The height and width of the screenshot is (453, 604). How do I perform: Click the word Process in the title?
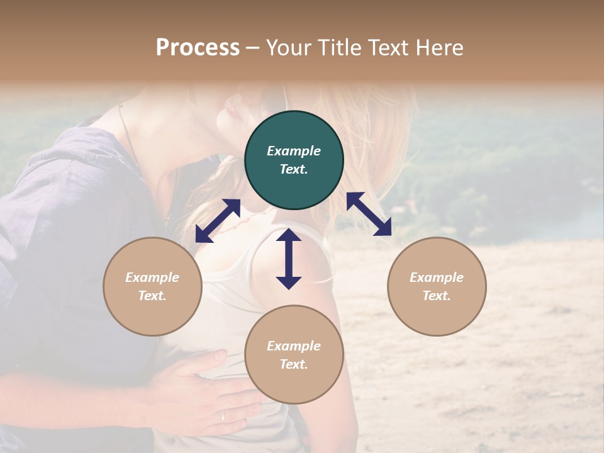[198, 48]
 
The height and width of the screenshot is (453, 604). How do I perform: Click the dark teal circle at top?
[294, 160]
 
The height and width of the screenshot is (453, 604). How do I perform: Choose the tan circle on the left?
[152, 286]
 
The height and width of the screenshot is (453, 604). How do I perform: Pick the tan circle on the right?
[437, 286]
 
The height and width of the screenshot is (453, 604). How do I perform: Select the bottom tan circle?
[294, 355]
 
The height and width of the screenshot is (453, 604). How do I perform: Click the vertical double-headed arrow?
[289, 259]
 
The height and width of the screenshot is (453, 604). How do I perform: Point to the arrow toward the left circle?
[218, 221]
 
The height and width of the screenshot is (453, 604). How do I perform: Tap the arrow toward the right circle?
[369, 214]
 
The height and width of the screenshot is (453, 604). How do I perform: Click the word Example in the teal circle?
[294, 151]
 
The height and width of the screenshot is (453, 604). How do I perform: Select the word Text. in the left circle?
[152, 296]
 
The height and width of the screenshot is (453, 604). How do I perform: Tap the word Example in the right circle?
[437, 277]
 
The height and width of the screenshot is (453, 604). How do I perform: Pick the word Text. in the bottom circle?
[294, 364]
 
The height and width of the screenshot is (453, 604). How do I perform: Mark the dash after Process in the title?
[253, 48]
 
